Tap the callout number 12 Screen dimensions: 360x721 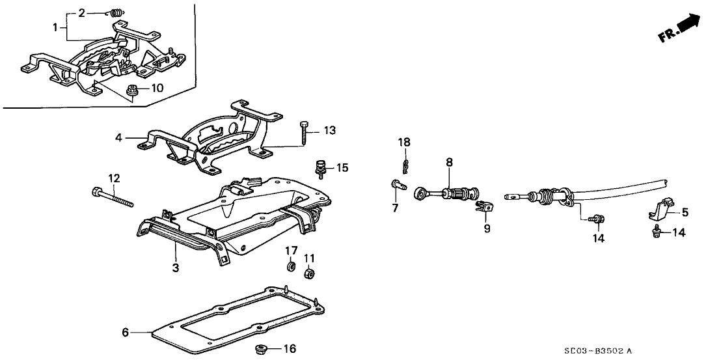coord(114,178)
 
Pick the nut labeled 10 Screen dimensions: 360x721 coord(133,90)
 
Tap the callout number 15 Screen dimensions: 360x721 coord(343,168)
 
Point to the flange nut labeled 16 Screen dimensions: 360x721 coord(264,350)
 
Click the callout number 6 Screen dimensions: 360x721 coord(125,333)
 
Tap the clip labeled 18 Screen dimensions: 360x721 coord(405,167)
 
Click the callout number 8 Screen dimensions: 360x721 coord(449,161)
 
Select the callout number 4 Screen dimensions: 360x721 coord(119,138)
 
